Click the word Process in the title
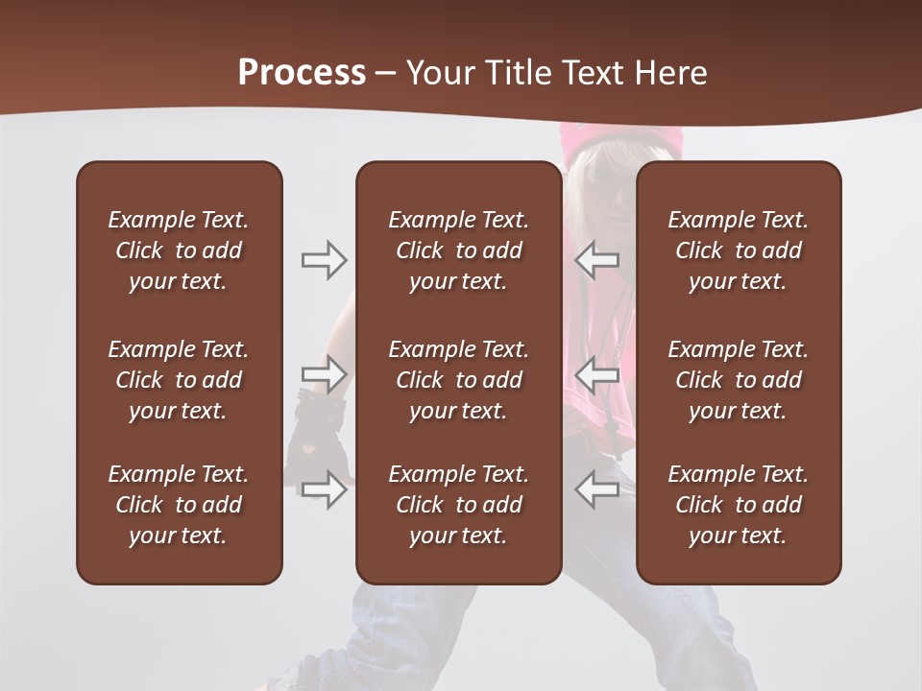point(302,73)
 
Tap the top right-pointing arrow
point(325,260)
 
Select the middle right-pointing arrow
point(325,374)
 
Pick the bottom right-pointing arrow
point(325,489)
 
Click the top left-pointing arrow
point(596,260)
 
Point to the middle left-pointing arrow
point(596,374)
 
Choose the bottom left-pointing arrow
point(596,489)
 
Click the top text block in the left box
point(179,250)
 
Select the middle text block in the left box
point(179,380)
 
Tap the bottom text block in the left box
point(179,505)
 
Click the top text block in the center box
point(458,250)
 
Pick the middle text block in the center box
point(458,380)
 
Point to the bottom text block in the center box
point(458,505)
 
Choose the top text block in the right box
point(738,250)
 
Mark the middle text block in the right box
point(738,380)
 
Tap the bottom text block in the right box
point(738,505)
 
